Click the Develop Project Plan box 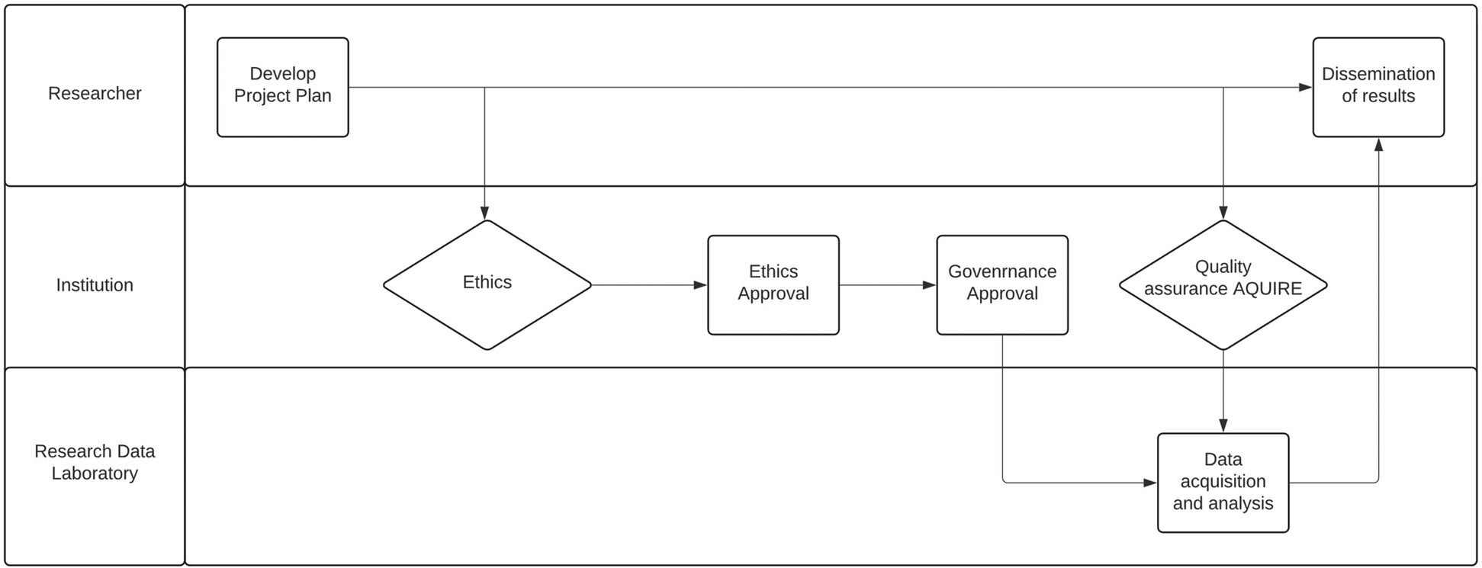(282, 87)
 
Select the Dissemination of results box (1378, 87)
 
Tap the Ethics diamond (487, 284)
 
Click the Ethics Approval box (773, 284)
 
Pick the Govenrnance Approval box (1001, 284)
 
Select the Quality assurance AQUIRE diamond (1223, 284)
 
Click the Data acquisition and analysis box (1223, 483)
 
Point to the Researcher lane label (95, 94)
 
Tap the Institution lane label (95, 285)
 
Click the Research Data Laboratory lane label (95, 462)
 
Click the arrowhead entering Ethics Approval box (700, 285)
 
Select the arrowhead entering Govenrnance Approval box (929, 285)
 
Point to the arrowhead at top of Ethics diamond (484, 213)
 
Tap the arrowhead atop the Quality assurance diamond (1223, 213)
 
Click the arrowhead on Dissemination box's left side (1305, 87)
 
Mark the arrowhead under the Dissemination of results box (1378, 145)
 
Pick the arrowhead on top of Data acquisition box (1223, 425)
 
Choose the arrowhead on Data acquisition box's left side (1150, 483)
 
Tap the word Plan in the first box (314, 96)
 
